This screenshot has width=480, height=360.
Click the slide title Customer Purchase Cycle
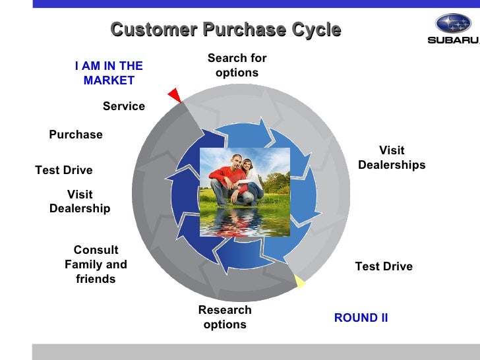225,30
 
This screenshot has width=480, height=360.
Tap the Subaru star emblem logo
453,24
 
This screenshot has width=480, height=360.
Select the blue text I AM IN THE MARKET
109,73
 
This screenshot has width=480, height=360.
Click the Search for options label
237,65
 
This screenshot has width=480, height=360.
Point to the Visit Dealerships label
392,158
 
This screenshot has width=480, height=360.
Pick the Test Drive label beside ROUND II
384,266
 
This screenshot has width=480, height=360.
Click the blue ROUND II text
361,318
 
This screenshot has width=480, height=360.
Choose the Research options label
225,317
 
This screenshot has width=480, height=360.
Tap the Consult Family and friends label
96,264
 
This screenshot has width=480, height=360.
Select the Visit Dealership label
80,202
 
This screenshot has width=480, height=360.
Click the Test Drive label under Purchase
64,170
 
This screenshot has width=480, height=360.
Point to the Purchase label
76,135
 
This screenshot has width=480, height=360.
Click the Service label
124,106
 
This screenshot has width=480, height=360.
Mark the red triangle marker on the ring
175,95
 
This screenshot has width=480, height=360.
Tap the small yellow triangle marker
299,282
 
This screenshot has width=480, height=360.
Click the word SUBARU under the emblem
454,40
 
